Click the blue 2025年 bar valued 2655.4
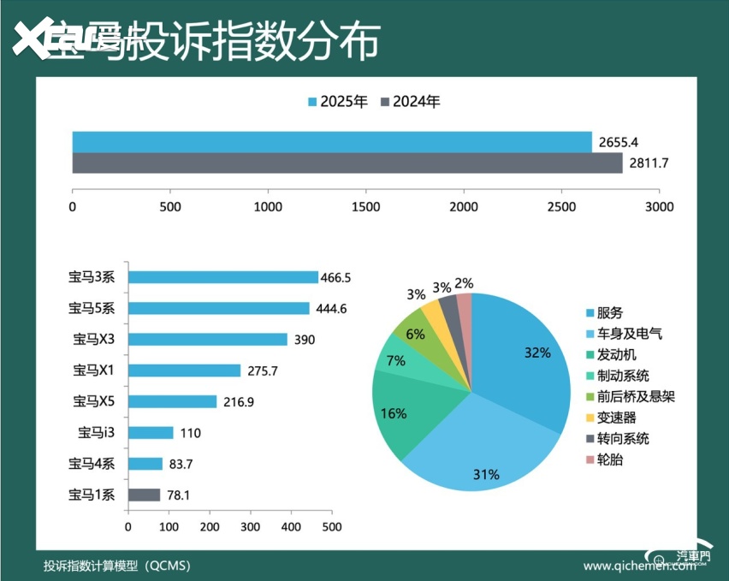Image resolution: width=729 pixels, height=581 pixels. [332, 142]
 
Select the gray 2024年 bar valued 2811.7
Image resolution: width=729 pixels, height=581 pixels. [347, 163]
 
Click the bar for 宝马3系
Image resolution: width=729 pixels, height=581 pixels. [222, 277]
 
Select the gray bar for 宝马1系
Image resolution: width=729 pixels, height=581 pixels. [144, 495]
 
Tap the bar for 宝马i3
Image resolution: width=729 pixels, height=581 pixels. [151, 433]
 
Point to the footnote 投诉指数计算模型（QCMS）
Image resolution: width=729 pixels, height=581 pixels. [117, 566]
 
